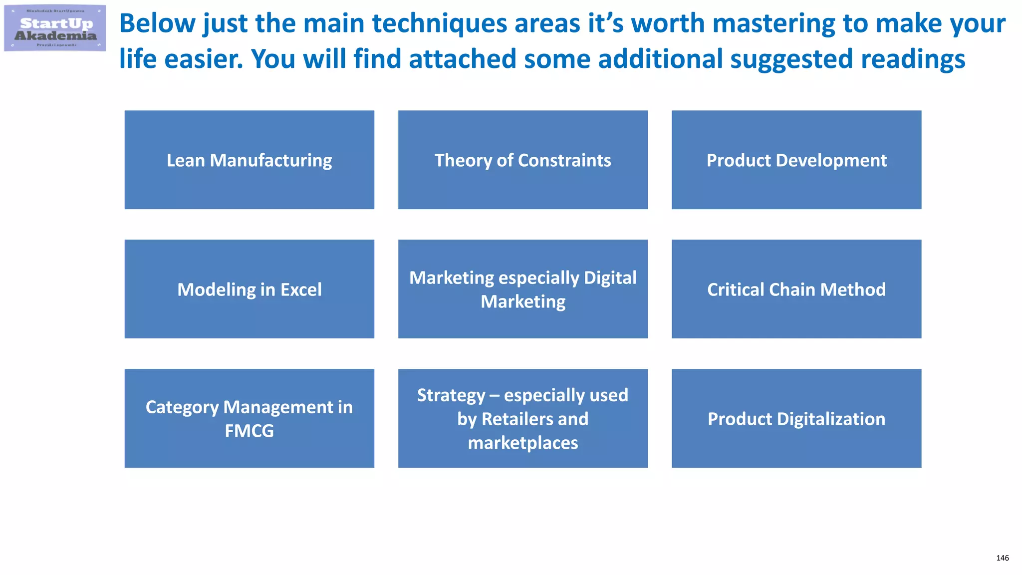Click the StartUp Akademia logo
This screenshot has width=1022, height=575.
coord(55,28)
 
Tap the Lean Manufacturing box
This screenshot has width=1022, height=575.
coord(249,160)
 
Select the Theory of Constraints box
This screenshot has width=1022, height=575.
coord(522,160)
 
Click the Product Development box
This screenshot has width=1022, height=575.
coord(796,160)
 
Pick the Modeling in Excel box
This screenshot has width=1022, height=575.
coord(249,289)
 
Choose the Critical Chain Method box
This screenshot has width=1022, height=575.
coord(796,289)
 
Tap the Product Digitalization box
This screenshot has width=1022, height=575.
coord(796,418)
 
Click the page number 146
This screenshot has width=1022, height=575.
coord(1002,558)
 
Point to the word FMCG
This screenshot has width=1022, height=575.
coord(249,431)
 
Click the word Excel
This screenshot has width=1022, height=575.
coord(301,289)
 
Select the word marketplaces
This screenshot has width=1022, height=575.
coord(522,443)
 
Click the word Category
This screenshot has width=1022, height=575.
coord(182,407)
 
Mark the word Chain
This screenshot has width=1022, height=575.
coord(792,289)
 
